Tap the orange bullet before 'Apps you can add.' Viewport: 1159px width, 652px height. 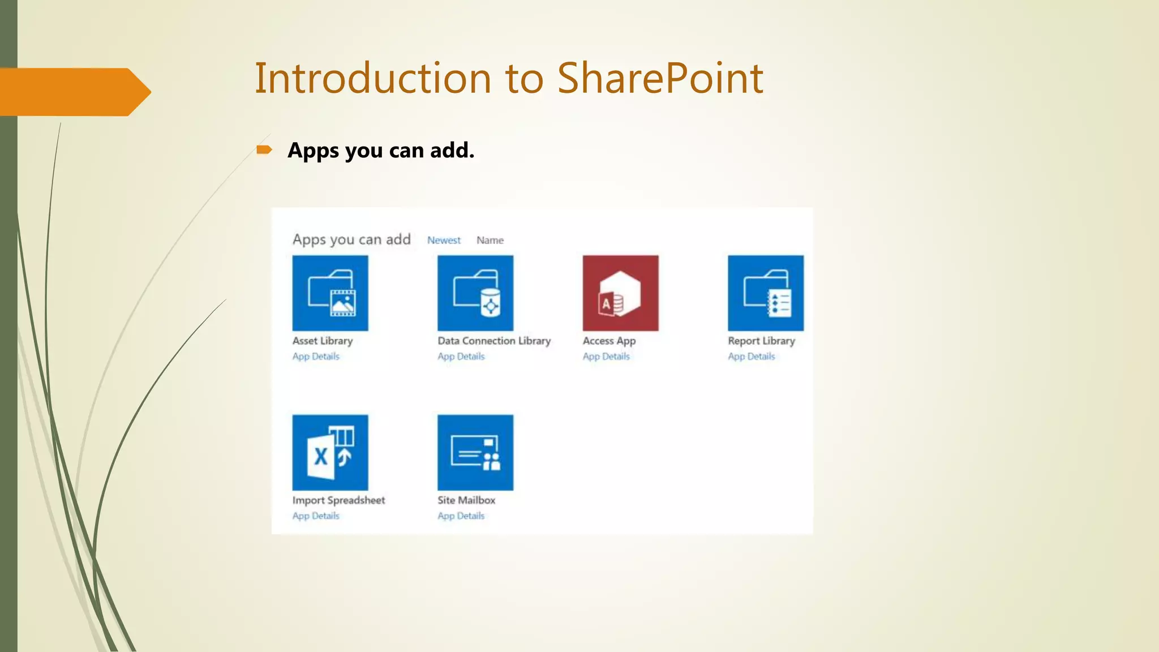[264, 149]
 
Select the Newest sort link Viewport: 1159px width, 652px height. [444, 240]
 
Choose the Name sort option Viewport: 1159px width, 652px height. [490, 240]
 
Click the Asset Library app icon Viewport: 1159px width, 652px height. [330, 293]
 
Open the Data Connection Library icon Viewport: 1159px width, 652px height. [475, 293]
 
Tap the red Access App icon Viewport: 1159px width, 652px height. [620, 293]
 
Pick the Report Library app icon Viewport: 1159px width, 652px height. [766, 293]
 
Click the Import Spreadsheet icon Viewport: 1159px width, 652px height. [330, 452]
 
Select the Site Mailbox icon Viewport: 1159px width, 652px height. [475, 452]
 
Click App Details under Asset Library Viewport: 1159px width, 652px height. [316, 357]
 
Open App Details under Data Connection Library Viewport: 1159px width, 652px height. [461, 357]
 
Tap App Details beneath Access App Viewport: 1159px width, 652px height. [606, 357]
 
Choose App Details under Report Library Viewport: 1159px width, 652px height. [752, 357]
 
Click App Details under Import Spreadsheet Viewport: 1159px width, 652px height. [316, 516]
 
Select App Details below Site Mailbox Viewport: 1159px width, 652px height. [461, 516]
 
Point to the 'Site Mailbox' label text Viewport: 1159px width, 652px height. [466, 500]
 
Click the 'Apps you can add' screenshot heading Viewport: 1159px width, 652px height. [351, 239]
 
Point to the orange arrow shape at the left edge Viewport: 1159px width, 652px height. [74, 92]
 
